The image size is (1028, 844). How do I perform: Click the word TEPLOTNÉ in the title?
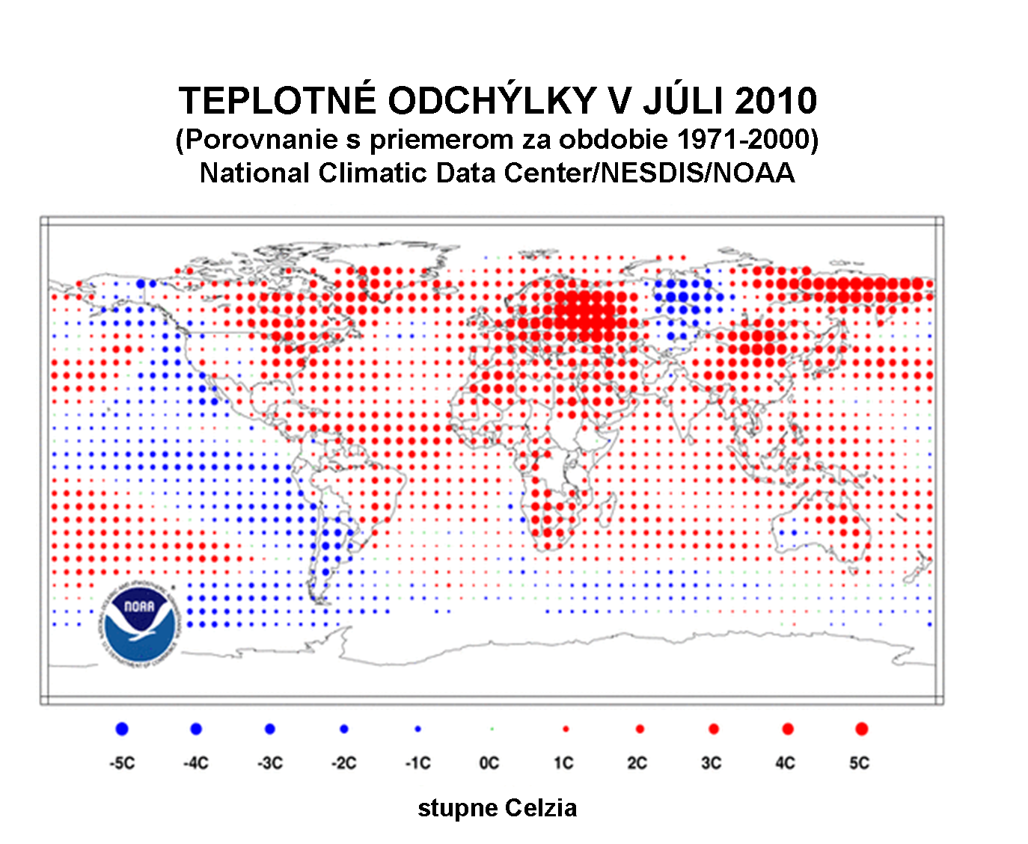point(277,101)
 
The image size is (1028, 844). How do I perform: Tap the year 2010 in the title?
point(776,101)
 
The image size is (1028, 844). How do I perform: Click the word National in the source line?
point(254,173)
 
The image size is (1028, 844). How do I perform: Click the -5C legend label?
point(122,763)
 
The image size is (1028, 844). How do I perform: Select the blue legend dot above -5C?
point(122,729)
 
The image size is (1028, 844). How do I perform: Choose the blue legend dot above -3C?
point(270,729)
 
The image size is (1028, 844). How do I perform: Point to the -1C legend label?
point(418,763)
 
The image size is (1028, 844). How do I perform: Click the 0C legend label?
point(489,763)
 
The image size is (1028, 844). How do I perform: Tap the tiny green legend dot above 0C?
point(492,728)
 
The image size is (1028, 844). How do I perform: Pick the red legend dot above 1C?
point(566,729)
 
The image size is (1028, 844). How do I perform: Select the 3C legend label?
point(712,763)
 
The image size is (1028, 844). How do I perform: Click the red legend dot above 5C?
point(861,729)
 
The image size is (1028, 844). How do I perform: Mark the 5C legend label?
point(860,763)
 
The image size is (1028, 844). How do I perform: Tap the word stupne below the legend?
point(457,809)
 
